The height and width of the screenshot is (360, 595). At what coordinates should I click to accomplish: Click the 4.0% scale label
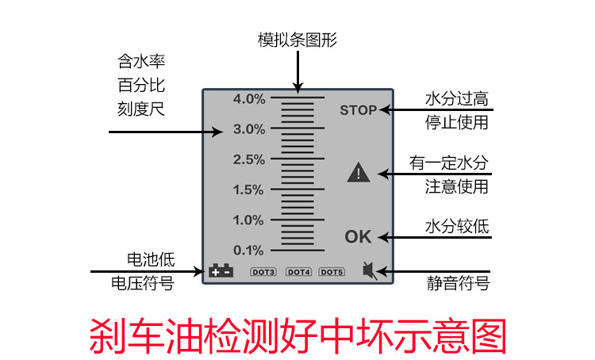coord(248,99)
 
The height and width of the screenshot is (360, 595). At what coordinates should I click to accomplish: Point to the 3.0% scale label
coord(248,128)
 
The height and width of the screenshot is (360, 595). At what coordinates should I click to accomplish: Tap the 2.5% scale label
coord(248,159)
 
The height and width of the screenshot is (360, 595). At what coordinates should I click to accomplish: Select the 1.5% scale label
coord(248,190)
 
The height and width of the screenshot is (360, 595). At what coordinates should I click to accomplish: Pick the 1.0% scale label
coord(248,220)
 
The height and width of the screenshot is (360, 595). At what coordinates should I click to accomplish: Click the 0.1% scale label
coord(248,251)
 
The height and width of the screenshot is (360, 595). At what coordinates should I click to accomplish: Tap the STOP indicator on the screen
coord(358,110)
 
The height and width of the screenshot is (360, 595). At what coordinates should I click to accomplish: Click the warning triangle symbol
coord(359,172)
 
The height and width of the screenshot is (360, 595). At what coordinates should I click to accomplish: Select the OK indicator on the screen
coord(358,236)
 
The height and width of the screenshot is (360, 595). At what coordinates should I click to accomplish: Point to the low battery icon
coord(221,271)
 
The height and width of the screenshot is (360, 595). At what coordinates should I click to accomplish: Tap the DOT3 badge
coord(263,272)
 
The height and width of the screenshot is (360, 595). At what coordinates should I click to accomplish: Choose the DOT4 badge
coord(298,272)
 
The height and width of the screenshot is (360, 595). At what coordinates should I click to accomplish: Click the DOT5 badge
coord(332,272)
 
